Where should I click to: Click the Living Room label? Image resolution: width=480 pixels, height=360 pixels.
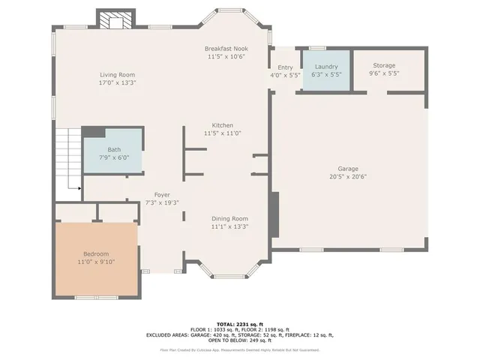tap(118, 74)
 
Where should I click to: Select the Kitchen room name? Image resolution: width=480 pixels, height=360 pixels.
tap(223, 125)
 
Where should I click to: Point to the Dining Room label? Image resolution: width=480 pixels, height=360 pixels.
tap(229, 217)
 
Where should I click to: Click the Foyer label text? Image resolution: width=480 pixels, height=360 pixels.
tap(161, 194)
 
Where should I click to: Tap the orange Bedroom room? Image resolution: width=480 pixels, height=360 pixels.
tap(95, 258)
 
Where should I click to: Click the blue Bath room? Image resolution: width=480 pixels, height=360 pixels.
tap(113, 153)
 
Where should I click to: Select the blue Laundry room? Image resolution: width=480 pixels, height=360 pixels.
tap(326, 70)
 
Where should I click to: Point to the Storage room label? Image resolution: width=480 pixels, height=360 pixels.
tap(384, 66)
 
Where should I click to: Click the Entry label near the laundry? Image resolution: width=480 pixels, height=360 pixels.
tap(285, 67)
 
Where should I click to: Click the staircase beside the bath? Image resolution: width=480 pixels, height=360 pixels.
tap(68, 157)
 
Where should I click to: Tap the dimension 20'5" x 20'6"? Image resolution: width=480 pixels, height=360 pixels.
tap(348, 177)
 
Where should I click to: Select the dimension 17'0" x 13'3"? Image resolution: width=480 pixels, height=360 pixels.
tap(118, 83)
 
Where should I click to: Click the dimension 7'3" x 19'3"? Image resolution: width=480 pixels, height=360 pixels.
tap(161, 202)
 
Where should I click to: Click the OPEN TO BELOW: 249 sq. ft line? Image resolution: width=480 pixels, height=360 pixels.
tap(240, 340)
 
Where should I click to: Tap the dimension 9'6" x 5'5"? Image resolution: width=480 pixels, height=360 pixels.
tap(384, 74)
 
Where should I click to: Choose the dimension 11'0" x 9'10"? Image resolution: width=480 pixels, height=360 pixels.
tap(95, 262)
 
